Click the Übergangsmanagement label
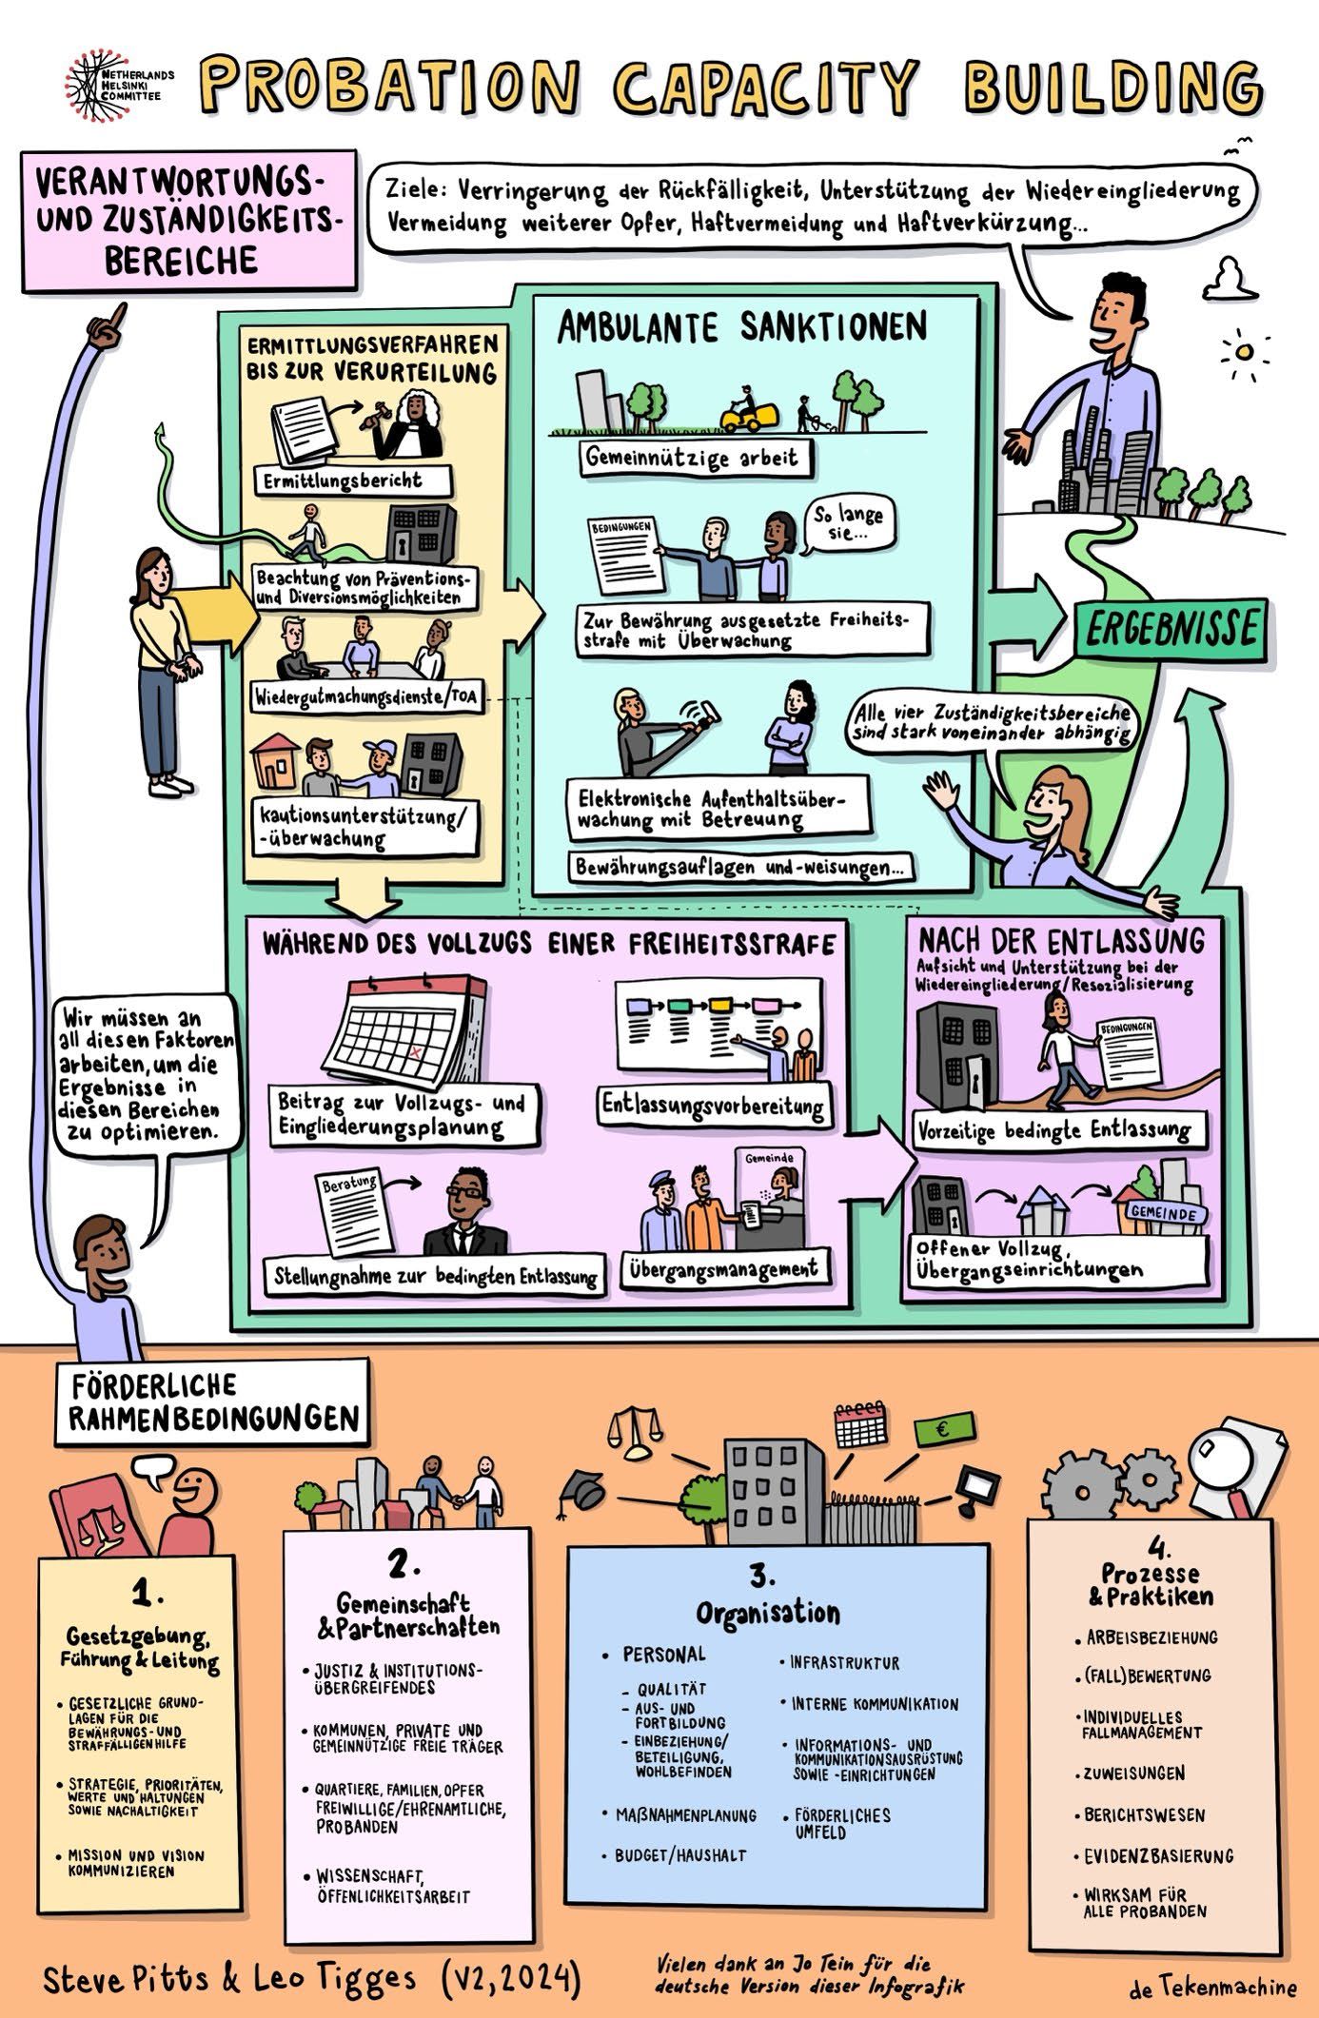click(723, 1268)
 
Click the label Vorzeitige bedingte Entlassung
click(1055, 1130)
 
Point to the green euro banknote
click(943, 1429)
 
